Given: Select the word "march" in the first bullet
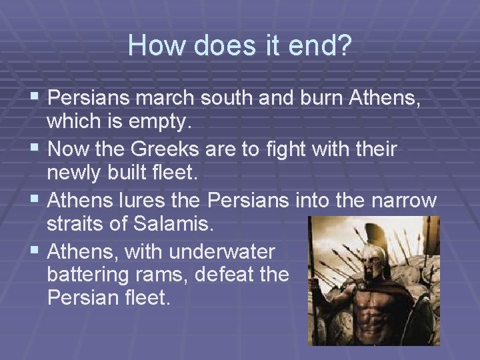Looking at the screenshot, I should click(x=170, y=99).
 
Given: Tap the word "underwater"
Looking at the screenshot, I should click(x=222, y=251).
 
